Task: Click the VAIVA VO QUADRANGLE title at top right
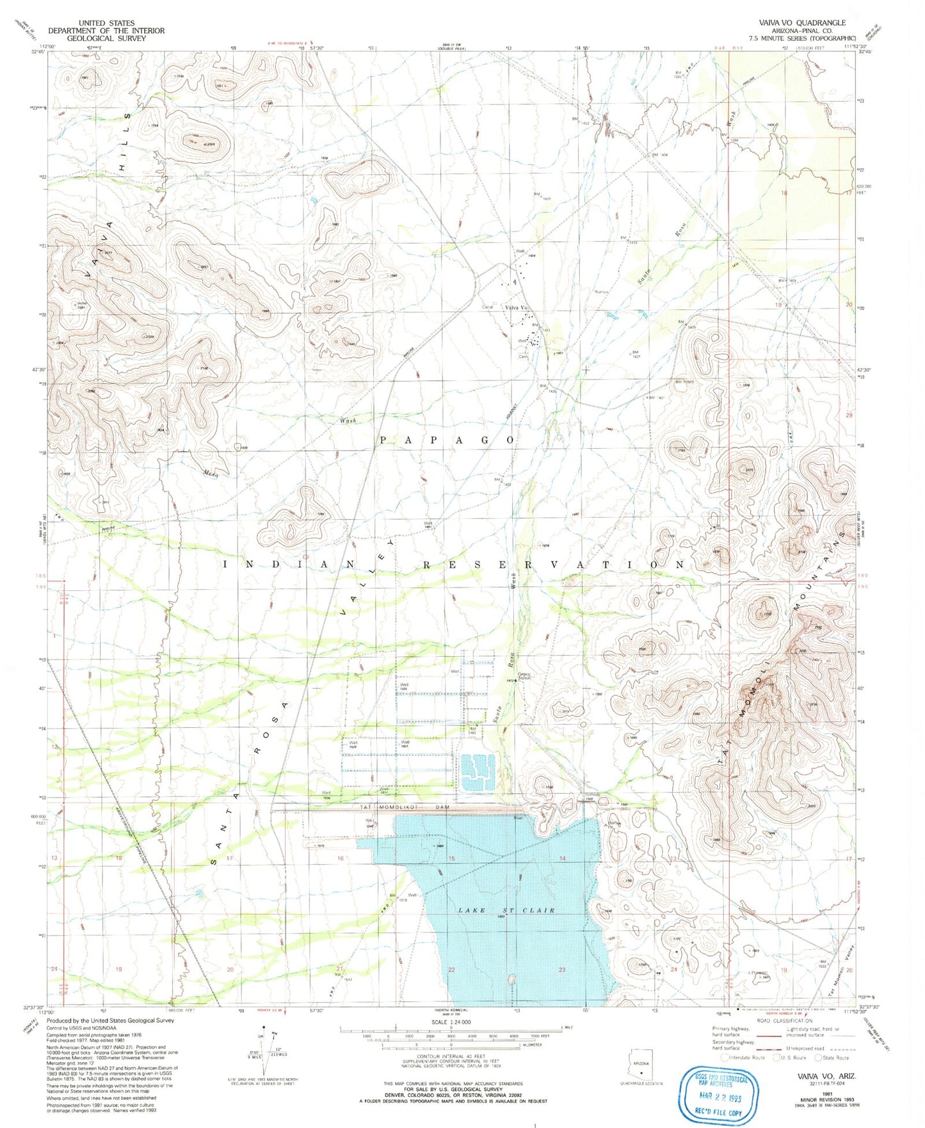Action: tap(802, 22)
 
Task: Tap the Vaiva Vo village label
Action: tap(516, 308)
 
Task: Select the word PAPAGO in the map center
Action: tap(447, 440)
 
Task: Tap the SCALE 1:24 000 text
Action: tap(451, 1022)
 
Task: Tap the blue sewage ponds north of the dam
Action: tap(478, 771)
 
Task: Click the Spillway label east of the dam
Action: tap(592, 795)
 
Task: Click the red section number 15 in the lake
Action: tap(451, 858)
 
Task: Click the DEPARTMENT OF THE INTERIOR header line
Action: tap(106, 30)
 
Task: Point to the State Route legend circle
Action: tap(817, 1058)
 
